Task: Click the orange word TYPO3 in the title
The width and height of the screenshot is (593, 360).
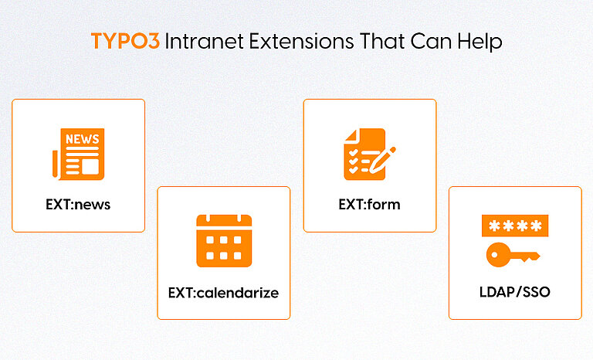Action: coord(124,42)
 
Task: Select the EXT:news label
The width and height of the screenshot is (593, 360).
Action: coord(78,205)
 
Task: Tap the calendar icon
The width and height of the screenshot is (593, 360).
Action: coord(224,240)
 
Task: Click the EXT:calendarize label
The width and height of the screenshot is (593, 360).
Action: coord(223,293)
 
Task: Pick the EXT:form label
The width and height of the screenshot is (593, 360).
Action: coord(369,205)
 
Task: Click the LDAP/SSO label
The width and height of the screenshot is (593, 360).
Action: coord(514,293)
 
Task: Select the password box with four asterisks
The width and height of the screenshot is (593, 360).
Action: coord(515,226)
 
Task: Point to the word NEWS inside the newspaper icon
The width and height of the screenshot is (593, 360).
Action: coord(82,140)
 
